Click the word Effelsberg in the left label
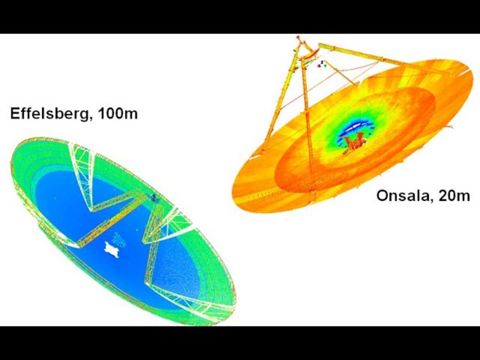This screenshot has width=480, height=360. [x=49, y=114]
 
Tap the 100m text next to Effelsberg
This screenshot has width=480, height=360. [x=118, y=113]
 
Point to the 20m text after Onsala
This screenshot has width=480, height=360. [x=454, y=196]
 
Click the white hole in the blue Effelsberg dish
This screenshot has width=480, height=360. [x=111, y=250]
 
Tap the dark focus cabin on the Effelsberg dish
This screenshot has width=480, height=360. [x=154, y=198]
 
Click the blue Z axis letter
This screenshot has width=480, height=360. [x=322, y=62]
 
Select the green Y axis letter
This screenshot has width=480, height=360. [x=325, y=66]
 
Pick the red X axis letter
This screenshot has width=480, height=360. [x=319, y=66]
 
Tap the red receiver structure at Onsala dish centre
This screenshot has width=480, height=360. [x=355, y=142]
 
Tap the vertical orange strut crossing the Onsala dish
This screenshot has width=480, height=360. [x=308, y=135]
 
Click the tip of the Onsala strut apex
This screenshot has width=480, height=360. [x=298, y=37]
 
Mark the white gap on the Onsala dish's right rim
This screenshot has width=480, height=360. [x=465, y=72]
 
